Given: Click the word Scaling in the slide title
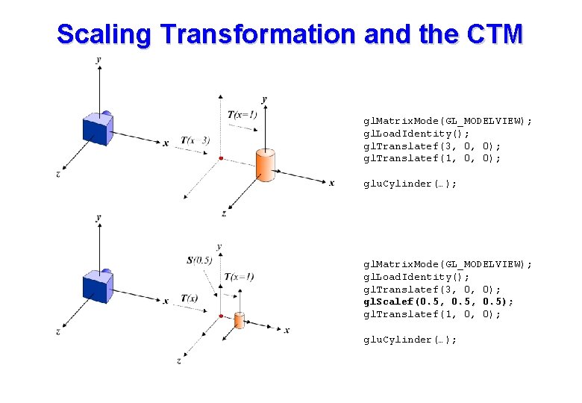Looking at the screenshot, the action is tap(104, 34).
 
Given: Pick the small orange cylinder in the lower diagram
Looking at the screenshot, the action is tap(239, 319).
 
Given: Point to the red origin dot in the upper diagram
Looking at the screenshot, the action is tap(221, 158).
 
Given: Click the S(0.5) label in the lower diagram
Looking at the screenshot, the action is tap(199, 260).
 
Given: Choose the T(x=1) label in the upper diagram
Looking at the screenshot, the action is tap(242, 114).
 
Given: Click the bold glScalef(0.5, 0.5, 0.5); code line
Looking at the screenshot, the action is tap(438, 302).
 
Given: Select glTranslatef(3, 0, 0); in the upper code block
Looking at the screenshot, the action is tap(432, 146).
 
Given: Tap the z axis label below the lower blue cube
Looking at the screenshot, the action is tap(58, 331).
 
